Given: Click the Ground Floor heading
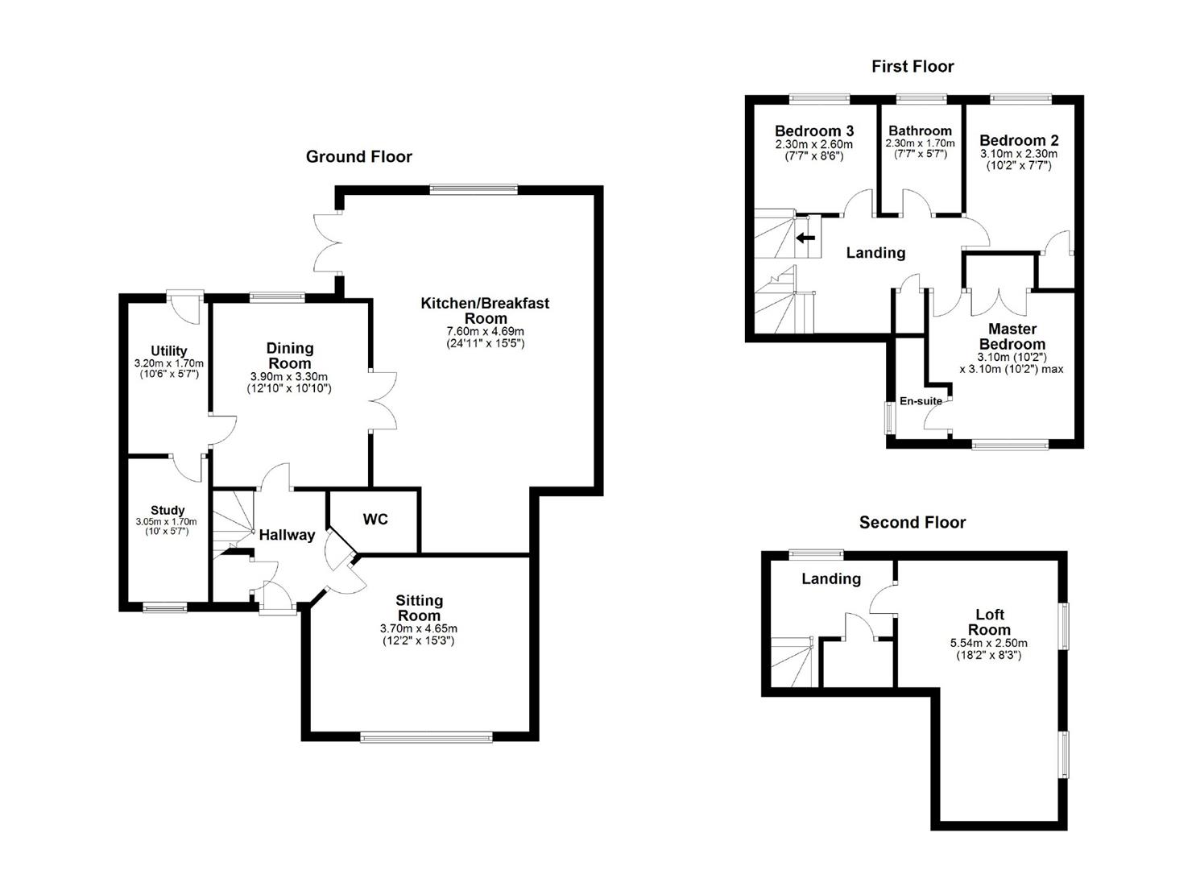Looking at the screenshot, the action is point(358,157).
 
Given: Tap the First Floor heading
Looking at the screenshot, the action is point(912,67).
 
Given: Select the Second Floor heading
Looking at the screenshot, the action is point(912,523).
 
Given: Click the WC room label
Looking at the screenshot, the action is point(375,520).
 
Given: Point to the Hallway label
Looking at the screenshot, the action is point(287,535).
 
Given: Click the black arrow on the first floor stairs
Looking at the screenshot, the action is point(805,238).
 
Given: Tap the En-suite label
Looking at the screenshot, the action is point(921,401).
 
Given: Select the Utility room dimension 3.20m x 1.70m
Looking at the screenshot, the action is point(168,363).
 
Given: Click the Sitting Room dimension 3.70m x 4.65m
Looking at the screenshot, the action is point(419,629).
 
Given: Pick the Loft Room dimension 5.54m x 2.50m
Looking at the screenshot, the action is point(988,644).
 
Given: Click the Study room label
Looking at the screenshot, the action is point(168,510).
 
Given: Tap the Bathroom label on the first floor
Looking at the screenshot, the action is point(920,130).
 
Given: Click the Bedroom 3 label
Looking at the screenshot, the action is point(814,130).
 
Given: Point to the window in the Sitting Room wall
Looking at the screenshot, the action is point(426,736).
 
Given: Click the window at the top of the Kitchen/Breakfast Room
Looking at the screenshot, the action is point(473,190).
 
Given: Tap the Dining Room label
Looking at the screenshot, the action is point(290,355).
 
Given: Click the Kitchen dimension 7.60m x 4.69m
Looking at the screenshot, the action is point(485,331).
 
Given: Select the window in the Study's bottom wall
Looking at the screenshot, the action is point(165,608).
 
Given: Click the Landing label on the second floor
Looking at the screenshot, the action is point(831,578).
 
